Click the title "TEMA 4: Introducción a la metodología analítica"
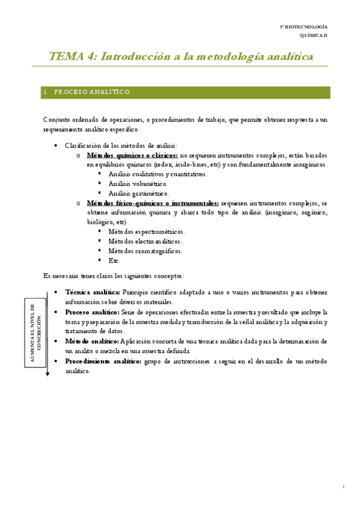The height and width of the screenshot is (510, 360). click(181, 57)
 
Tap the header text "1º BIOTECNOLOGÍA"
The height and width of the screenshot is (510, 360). click(304, 28)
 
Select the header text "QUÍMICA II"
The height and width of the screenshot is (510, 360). click(314, 36)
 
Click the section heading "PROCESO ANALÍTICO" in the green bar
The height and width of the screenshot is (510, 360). click(92, 92)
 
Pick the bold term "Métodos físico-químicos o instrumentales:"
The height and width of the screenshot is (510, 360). click(153, 203)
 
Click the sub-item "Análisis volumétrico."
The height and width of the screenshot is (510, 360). click(138, 183)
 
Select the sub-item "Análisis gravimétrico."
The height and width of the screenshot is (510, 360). click(139, 193)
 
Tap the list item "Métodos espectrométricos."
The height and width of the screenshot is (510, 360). click(147, 232)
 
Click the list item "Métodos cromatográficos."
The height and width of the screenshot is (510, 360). click(145, 251)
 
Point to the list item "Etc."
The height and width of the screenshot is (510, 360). click(114, 260)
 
